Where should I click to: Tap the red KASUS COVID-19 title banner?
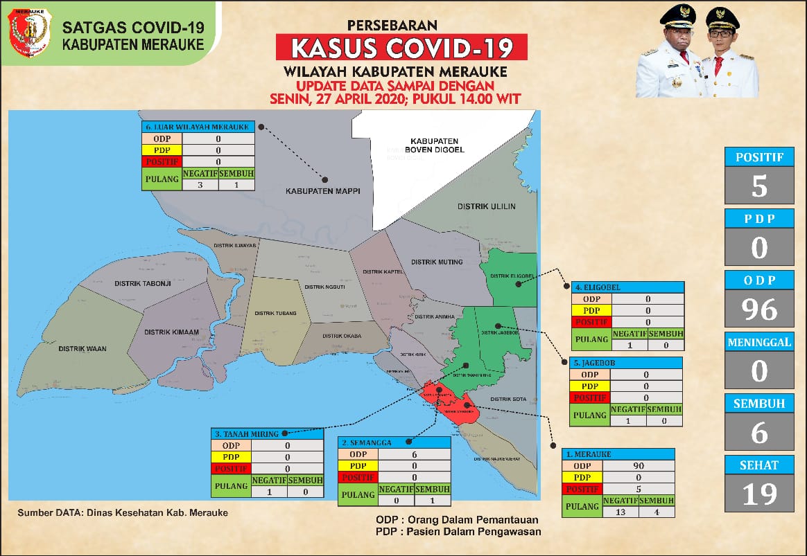point(402,48)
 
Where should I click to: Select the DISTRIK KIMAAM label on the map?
point(172,332)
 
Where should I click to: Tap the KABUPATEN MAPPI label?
point(323,190)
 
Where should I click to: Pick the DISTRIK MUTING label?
point(437,262)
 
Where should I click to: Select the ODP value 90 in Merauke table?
point(639,465)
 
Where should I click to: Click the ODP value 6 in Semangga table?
point(414,454)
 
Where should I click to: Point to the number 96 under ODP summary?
point(759,310)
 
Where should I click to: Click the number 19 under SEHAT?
point(759,494)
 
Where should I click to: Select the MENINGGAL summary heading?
point(759,342)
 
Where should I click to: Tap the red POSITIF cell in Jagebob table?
point(589,397)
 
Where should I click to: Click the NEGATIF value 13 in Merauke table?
point(620,512)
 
